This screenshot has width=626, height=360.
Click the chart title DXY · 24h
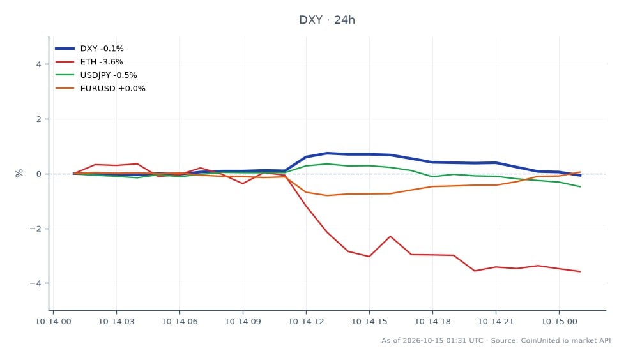click(327, 20)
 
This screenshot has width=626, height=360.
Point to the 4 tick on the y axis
click(39, 64)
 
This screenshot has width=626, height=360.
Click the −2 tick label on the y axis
click(36, 229)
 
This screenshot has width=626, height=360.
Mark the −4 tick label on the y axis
click(36, 283)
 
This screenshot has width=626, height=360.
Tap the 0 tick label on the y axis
click(39, 174)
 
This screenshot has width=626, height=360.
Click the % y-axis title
click(19, 173)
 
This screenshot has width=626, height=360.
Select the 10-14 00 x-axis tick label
click(53, 322)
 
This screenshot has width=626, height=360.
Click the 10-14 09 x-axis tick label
click(243, 322)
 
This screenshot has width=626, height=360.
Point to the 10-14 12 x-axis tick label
click(306, 322)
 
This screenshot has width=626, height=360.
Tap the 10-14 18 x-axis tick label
click(432, 322)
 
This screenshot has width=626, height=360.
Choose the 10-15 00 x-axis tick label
click(559, 322)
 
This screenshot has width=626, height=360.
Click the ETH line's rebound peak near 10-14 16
click(390, 236)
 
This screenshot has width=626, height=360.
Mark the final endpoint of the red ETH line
click(580, 271)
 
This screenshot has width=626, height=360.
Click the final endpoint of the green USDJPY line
click(580, 186)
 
